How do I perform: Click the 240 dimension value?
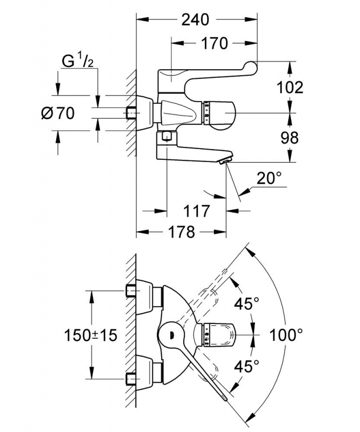195,19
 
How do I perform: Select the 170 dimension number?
215,43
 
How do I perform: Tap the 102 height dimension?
290,87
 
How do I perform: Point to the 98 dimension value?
290,138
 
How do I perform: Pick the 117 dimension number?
197,211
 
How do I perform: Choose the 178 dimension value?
181,232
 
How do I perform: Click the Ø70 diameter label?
58,113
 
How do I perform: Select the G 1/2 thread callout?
77,61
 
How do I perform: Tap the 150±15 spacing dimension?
90,335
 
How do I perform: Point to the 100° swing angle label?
286,335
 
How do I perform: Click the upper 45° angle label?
247,303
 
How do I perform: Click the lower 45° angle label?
247,366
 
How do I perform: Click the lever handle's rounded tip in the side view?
251,66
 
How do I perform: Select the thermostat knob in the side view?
219,113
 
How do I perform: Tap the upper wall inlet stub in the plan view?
131,290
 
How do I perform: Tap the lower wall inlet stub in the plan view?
131,380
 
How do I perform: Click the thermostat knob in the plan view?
220,335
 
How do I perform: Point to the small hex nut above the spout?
166,136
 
